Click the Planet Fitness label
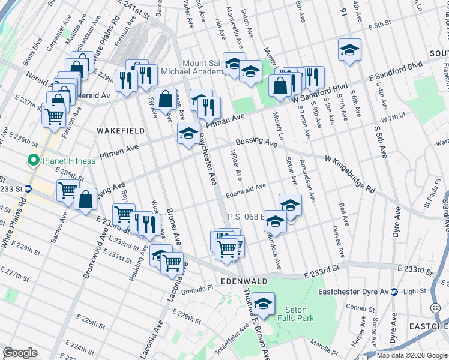point(68,161)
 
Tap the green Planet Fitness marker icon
point(31,161)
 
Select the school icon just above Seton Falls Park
point(263,305)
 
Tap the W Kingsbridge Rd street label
point(351,175)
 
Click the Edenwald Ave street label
point(246,187)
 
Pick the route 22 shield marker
point(434,307)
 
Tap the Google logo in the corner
point(20,353)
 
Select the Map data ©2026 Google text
point(411,355)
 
